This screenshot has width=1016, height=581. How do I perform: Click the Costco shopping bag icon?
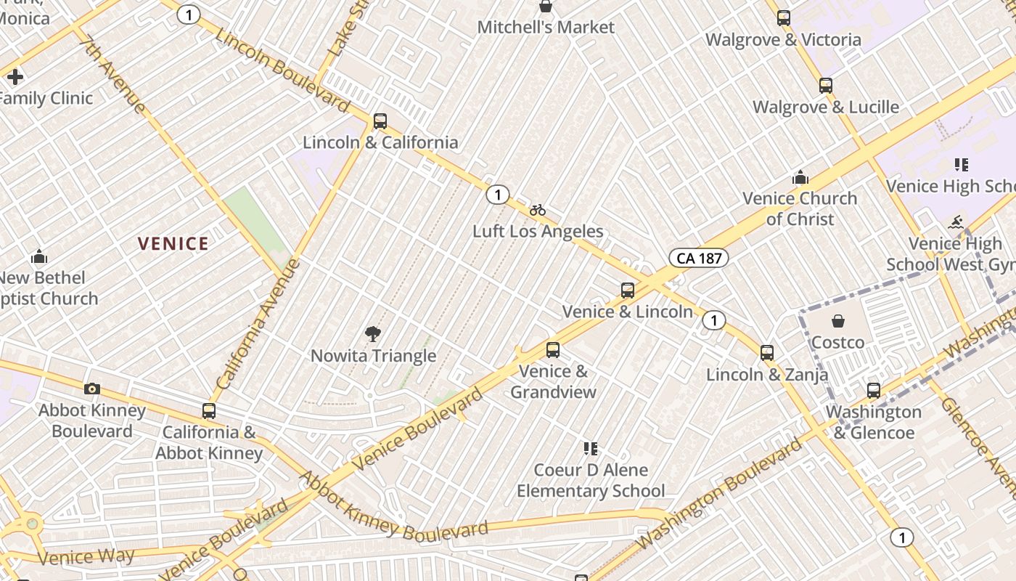[x=838, y=320]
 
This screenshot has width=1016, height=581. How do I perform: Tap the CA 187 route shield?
[x=698, y=258]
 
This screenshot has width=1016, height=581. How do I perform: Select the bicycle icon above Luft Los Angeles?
[x=537, y=210]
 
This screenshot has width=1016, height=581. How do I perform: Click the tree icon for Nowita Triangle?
[x=373, y=334]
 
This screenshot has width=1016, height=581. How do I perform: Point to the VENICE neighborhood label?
[x=173, y=244]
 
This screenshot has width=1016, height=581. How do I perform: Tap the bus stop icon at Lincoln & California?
[x=380, y=121]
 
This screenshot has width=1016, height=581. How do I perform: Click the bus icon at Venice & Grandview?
[x=553, y=350]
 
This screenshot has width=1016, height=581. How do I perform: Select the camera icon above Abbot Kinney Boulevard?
[x=92, y=389]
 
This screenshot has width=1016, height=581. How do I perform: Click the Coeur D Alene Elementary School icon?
[x=591, y=448]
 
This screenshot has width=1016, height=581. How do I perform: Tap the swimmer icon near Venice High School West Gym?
[x=956, y=222]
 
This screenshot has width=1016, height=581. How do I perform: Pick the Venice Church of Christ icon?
[x=800, y=177]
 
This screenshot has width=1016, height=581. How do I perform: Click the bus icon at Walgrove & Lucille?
[x=825, y=85]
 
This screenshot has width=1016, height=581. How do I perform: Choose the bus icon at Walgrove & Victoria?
[x=783, y=17]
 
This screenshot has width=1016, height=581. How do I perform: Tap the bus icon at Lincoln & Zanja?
[x=767, y=353]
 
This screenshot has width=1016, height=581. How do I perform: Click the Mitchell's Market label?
[x=546, y=28]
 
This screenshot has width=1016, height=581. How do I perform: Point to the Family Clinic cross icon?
[x=15, y=76]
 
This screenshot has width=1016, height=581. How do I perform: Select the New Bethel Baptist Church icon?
[x=39, y=256]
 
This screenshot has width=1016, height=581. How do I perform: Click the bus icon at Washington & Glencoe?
[x=874, y=390]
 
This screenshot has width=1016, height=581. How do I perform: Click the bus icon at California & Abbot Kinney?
[x=209, y=410]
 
